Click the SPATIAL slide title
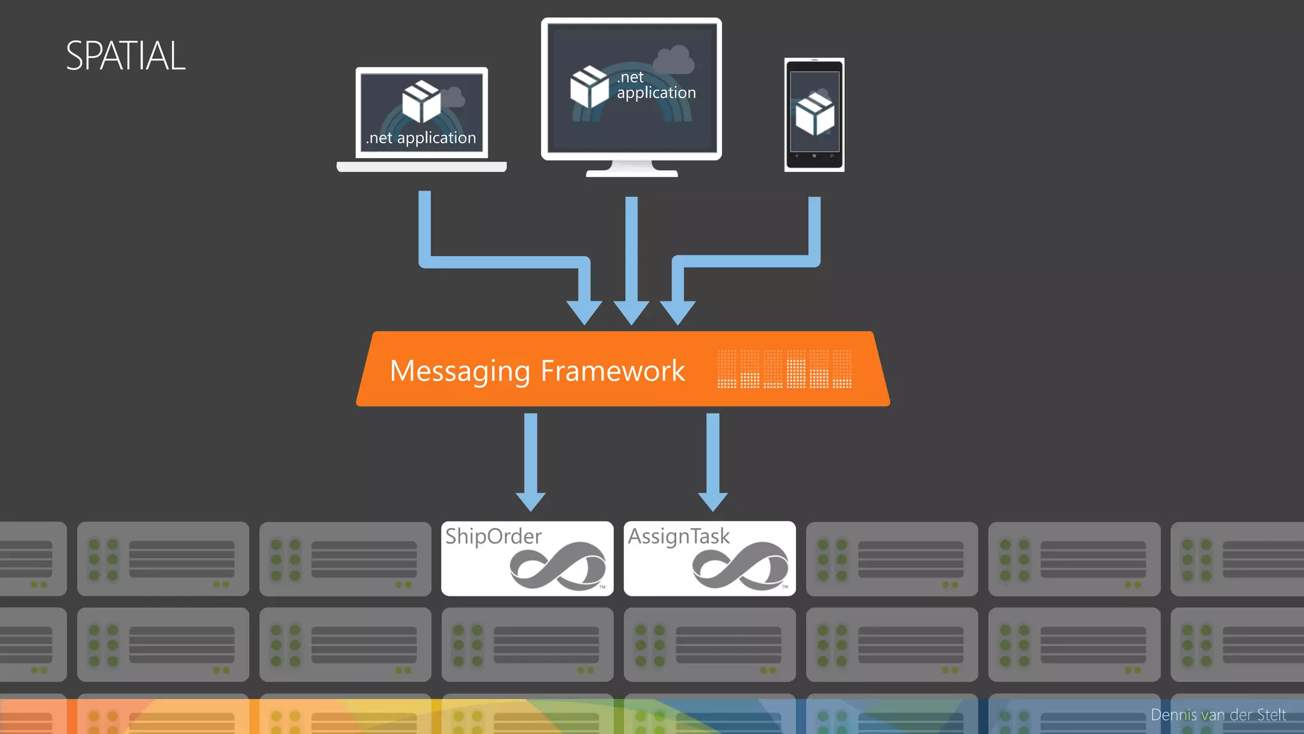point(125,56)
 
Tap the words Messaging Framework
point(537,371)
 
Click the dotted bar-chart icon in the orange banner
point(784,369)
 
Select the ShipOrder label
point(493,536)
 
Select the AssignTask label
point(679,536)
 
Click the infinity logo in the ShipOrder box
point(558,566)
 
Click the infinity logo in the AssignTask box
point(741,566)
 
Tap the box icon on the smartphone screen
point(814,114)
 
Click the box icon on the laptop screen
point(422,101)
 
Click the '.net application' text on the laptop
point(421,138)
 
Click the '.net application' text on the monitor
point(656,85)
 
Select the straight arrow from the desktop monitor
point(631,255)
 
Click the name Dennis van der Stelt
point(1217,715)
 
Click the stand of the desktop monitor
point(632,169)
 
